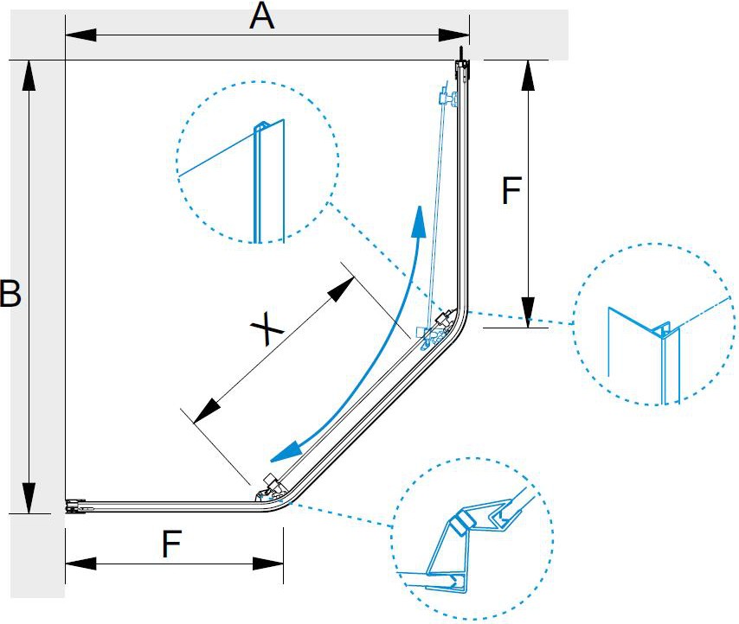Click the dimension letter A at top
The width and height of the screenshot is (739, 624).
(261, 16)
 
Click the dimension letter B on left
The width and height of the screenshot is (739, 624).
(10, 294)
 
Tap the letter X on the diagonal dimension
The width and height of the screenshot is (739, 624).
(267, 330)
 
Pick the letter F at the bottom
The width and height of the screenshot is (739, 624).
(172, 544)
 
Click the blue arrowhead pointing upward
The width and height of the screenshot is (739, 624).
(419, 222)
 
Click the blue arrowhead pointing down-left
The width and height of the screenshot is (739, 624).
(286, 451)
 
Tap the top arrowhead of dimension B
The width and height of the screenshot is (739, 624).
(29, 76)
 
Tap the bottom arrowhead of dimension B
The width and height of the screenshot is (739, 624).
(29, 498)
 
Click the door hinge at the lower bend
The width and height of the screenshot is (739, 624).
(270, 487)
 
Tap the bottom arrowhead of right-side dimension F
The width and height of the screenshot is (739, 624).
(526, 309)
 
